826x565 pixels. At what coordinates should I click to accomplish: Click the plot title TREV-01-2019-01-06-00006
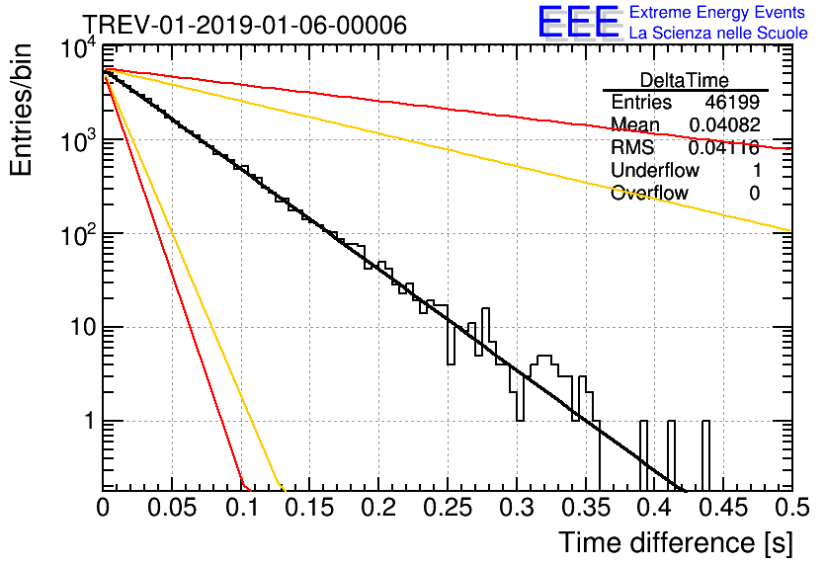[245, 25]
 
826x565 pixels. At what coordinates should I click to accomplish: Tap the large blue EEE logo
[578, 22]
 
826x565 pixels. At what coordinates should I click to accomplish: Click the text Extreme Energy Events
[717, 12]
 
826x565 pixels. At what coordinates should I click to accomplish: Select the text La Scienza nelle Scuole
[718, 34]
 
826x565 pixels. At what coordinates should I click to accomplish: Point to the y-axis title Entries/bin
[21, 110]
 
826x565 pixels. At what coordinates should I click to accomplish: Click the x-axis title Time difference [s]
[676, 542]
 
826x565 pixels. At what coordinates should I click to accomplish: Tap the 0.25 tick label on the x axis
[448, 508]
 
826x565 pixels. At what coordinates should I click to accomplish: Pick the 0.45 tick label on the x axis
[724, 508]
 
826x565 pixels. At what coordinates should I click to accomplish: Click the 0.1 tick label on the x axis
[242, 508]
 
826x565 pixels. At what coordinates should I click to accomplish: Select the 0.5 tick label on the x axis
[792, 508]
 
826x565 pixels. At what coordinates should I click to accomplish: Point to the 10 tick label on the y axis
[84, 328]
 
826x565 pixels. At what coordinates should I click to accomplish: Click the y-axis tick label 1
[90, 421]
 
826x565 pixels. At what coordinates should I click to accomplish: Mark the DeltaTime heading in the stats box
[685, 80]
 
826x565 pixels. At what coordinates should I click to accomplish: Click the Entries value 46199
[732, 102]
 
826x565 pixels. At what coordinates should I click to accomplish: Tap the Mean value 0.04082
[725, 124]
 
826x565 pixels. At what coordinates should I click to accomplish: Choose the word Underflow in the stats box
[655, 170]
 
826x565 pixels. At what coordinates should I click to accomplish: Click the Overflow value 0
[754, 194]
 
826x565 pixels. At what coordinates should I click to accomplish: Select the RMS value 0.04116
[724, 148]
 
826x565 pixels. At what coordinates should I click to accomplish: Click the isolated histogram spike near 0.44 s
[705, 455]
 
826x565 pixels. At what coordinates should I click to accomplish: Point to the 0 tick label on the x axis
[103, 508]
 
